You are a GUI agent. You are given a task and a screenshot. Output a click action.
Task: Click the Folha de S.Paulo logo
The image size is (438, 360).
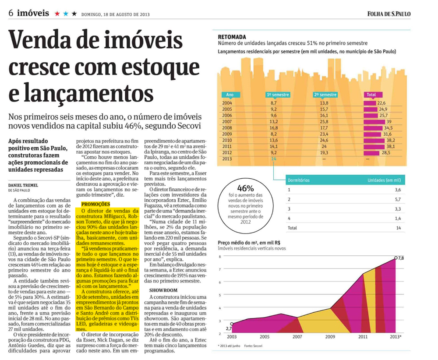coord(389,14)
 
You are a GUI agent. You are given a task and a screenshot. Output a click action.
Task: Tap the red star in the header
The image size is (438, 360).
coord(57,14)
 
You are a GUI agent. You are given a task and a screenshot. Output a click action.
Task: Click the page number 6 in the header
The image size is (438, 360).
coord(11,13)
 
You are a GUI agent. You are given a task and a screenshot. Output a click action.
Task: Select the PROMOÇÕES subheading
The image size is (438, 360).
coord(95,204)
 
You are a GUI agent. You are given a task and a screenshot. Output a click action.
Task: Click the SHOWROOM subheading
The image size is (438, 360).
coord(163,290)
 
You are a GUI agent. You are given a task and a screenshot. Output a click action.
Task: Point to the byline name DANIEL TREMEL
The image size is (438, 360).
coord(23,185)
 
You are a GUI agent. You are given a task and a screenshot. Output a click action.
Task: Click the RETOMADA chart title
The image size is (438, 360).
coord(232,37)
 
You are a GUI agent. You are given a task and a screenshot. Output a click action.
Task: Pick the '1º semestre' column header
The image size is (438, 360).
coord(278,95)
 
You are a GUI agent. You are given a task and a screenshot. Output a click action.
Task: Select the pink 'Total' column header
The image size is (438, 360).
coord(373,95)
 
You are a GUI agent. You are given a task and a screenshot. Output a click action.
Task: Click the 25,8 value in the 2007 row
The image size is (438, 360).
coord(324,122)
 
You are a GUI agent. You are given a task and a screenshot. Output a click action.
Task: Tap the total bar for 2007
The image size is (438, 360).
coord(374,122)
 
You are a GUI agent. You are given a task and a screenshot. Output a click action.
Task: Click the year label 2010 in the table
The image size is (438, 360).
coord(227,140)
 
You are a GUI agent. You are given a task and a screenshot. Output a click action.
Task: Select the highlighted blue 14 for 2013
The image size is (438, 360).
coord(273,159)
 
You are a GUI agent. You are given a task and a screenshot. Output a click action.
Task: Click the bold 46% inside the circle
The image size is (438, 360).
coord(245,188)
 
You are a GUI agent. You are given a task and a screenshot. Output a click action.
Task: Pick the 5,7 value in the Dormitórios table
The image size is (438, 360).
coord(398,199)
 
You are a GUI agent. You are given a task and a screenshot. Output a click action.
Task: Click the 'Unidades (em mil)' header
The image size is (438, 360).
coord(384,180)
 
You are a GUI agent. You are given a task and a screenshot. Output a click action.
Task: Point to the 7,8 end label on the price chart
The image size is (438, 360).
coord(401,258)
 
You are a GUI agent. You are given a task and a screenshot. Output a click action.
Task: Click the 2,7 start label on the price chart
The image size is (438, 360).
coord(229,328)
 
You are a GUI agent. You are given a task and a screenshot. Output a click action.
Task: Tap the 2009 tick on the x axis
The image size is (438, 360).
coord(330,336)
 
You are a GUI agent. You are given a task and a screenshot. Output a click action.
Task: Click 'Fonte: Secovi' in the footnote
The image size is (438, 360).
coord(253,346)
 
